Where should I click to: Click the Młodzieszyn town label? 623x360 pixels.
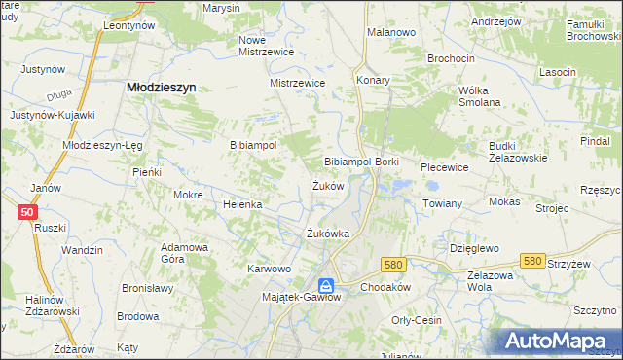click(x=162, y=87)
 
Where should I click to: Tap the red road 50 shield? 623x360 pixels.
click(x=26, y=212)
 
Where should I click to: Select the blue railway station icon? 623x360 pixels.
click(x=327, y=286)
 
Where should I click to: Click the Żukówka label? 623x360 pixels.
click(x=327, y=234)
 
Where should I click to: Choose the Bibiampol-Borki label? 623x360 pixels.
click(x=361, y=161)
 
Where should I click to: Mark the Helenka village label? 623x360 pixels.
click(x=242, y=205)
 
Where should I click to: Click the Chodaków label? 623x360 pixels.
click(x=386, y=289)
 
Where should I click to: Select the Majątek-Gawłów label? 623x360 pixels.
click(x=302, y=298)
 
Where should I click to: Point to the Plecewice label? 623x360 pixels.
click(x=445, y=167)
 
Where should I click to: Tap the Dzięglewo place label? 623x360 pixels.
click(x=474, y=248)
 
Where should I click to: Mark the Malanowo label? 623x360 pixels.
click(x=391, y=32)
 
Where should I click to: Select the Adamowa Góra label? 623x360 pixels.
click(x=185, y=253)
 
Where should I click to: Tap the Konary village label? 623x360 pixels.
click(x=373, y=80)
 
